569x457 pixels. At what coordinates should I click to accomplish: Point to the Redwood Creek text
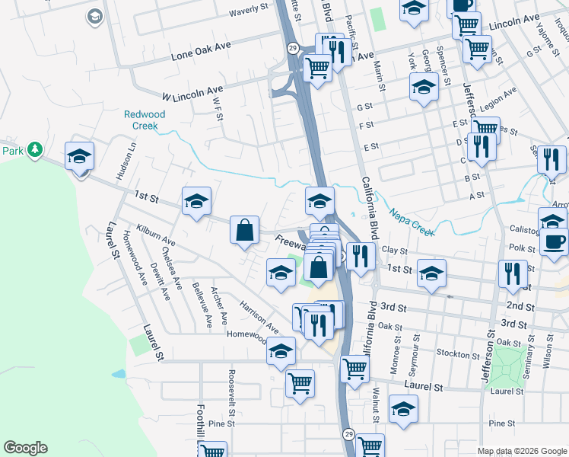145,120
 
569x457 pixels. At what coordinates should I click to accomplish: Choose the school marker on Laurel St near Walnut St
403,408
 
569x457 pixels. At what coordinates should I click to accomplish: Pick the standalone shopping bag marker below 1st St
243,230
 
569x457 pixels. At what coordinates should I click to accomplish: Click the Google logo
25,448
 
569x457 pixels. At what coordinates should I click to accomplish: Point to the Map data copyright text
522,451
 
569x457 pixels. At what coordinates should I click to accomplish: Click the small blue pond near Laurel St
119,375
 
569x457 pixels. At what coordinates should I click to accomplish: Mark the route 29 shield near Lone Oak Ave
292,48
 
